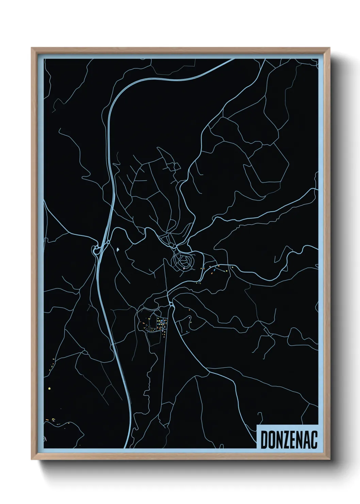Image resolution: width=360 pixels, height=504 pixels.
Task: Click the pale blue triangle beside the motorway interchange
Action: (118, 250)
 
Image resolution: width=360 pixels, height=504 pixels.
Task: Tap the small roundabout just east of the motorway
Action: (108, 242)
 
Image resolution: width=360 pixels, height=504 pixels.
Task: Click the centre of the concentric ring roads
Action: (184, 262)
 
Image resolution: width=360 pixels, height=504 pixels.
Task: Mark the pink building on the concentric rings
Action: (184, 269)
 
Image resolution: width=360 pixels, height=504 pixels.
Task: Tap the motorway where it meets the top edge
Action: (233, 60)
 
